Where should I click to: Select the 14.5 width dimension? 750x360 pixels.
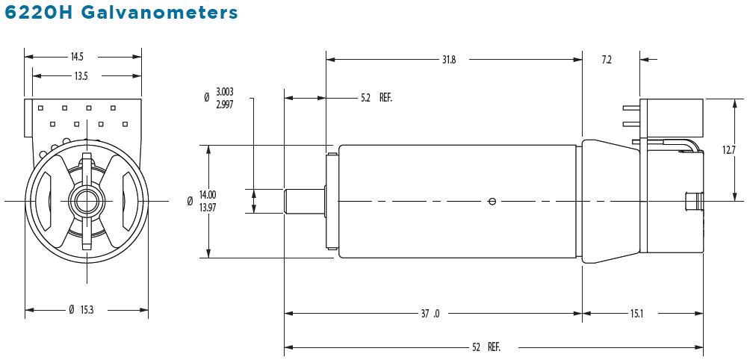tap(77, 57)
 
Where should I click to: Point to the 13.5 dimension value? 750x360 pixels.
tap(81, 75)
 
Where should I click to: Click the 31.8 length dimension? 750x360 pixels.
tap(448, 60)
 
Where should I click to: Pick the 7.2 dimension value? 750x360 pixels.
tap(607, 60)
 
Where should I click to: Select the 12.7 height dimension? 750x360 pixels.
tap(729, 149)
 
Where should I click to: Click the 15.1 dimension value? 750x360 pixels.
tap(636, 314)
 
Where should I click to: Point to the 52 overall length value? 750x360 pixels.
tap(476, 347)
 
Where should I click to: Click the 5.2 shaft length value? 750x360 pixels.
tap(365, 98)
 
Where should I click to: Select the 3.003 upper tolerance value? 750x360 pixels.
tap(225, 92)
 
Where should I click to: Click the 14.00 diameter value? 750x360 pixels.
tap(208, 196)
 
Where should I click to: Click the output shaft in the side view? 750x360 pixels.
tap(303, 201)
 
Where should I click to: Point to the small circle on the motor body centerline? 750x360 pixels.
tap(491, 201)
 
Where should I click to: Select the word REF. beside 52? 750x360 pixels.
tap(494, 347)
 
